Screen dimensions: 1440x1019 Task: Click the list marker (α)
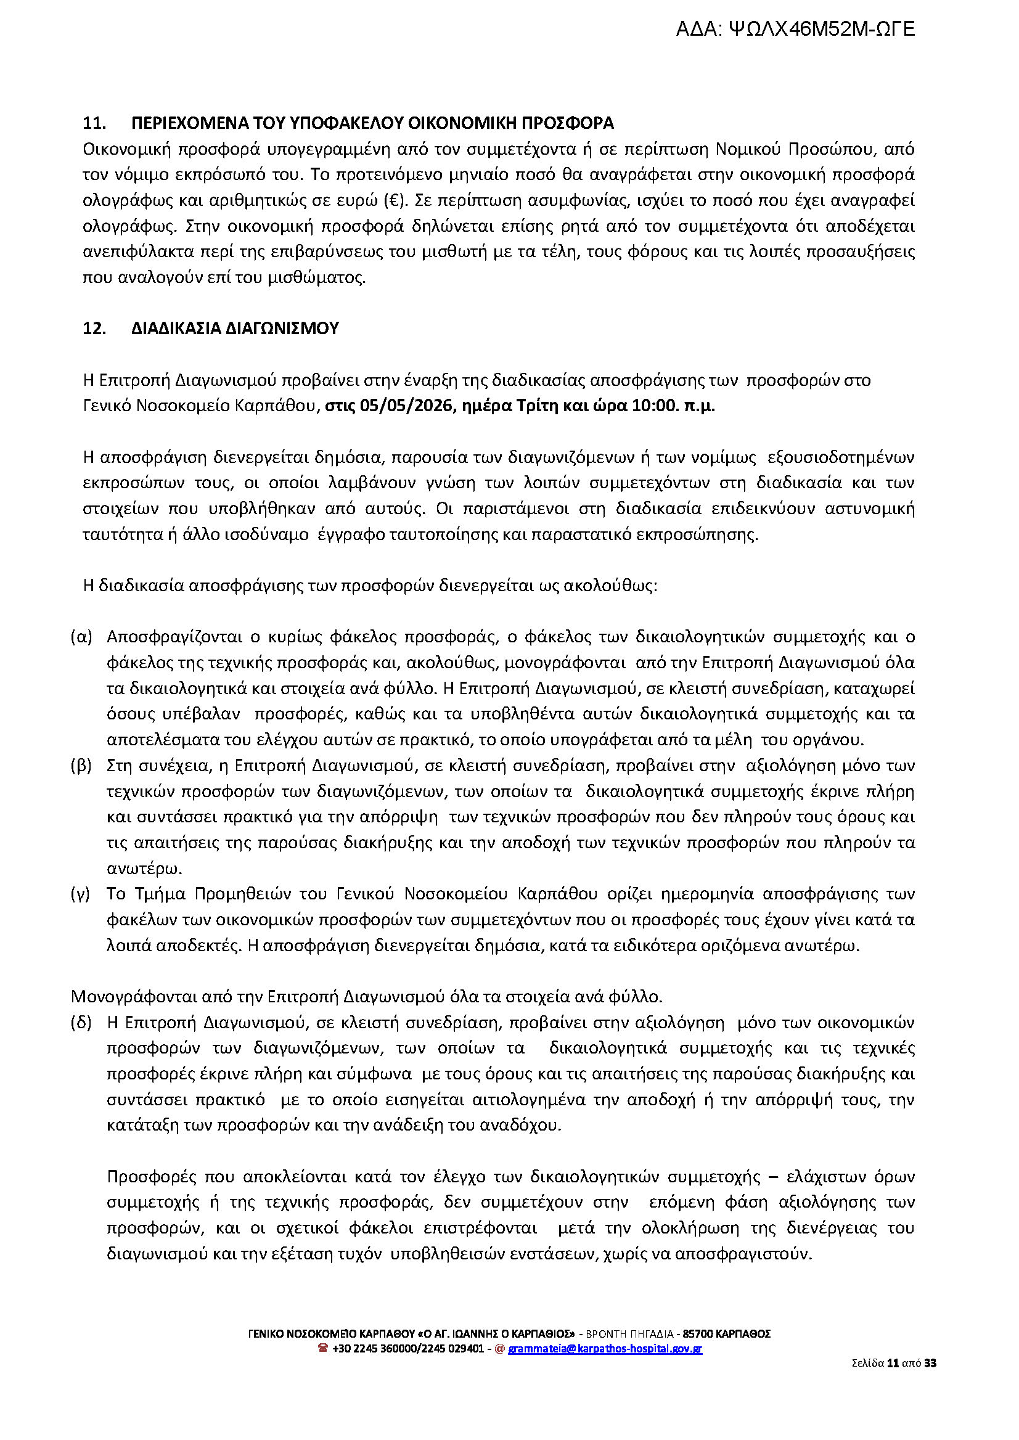coord(81,637)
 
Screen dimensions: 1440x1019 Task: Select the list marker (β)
coord(81,766)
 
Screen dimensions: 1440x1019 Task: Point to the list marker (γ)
coord(81,893)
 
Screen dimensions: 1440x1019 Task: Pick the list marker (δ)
coord(81,1023)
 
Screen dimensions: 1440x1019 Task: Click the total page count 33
coord(930,1380)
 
